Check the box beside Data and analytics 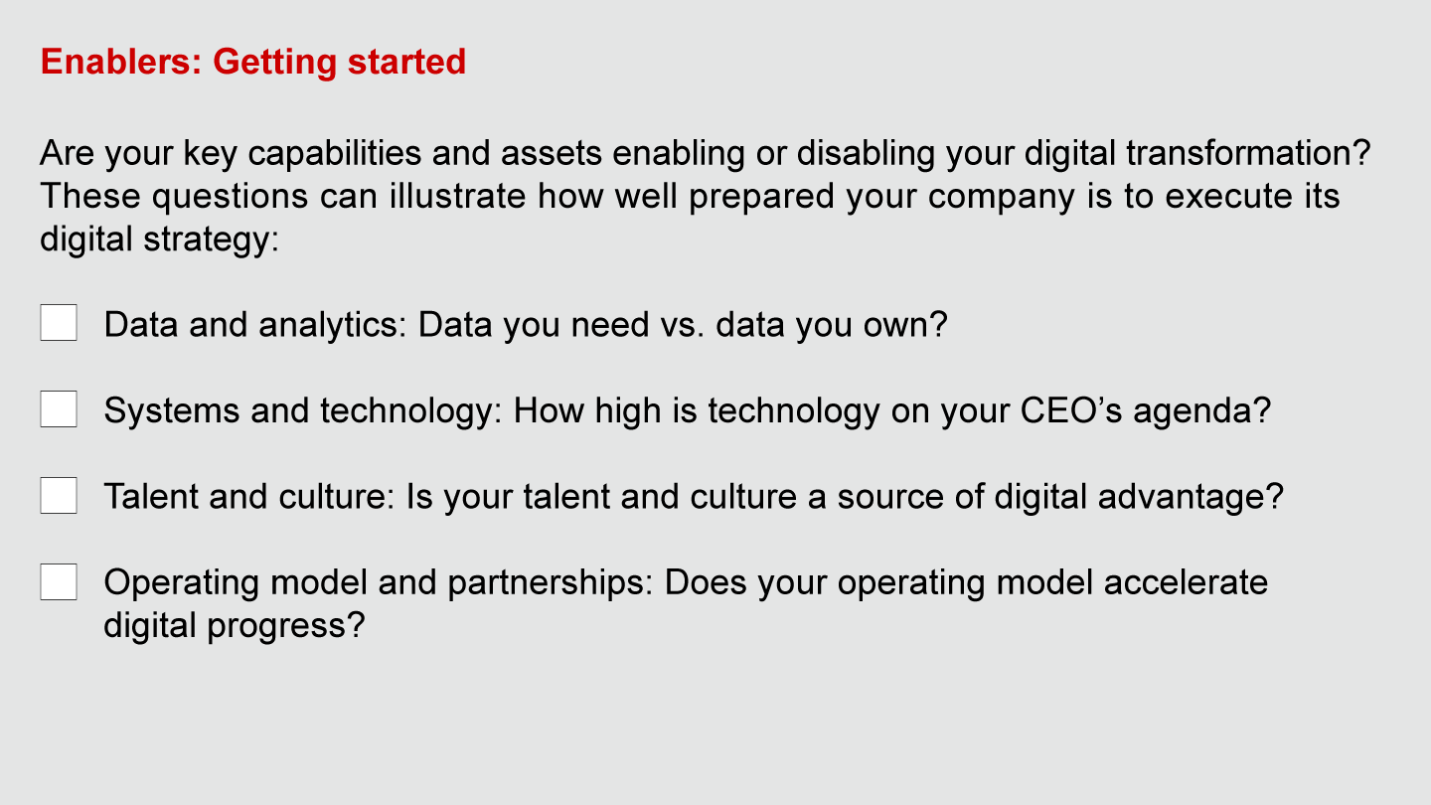click(59, 323)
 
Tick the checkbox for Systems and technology click(59, 408)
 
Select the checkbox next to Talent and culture click(59, 495)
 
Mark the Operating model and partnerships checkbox click(59, 581)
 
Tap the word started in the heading click(406, 62)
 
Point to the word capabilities click(335, 154)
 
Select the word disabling click(866, 154)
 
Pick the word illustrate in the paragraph click(457, 196)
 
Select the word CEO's click(1070, 410)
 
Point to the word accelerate click(1186, 582)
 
